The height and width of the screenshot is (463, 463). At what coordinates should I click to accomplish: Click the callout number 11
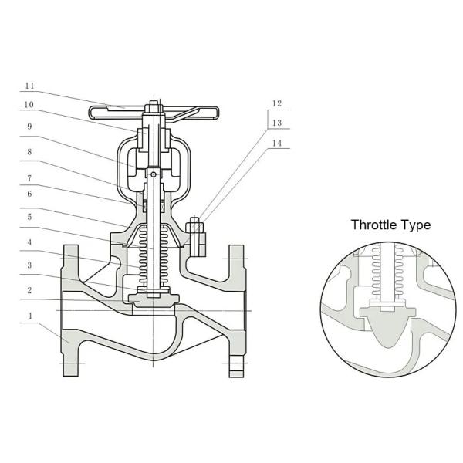pyautogui.click(x=29, y=86)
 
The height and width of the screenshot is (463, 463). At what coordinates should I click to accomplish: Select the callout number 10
pyautogui.click(x=29, y=105)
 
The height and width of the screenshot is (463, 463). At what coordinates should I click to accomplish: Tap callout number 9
pyautogui.click(x=29, y=127)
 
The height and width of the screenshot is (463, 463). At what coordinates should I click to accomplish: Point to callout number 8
pyautogui.click(x=29, y=152)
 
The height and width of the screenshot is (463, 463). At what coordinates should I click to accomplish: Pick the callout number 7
pyautogui.click(x=29, y=178)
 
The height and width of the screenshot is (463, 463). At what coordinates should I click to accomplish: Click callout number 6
pyautogui.click(x=29, y=194)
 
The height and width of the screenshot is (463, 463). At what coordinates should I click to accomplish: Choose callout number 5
pyautogui.click(x=29, y=217)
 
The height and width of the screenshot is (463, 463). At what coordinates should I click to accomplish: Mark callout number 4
pyautogui.click(x=29, y=242)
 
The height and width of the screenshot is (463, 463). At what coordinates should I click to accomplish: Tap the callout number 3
pyautogui.click(x=29, y=265)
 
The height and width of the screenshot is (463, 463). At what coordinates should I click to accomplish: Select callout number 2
pyautogui.click(x=29, y=290)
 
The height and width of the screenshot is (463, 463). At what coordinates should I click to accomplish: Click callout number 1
pyautogui.click(x=30, y=316)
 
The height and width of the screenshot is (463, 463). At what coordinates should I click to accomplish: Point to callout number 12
pyautogui.click(x=277, y=103)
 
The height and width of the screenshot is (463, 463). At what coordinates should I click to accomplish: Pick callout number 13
pyautogui.click(x=277, y=123)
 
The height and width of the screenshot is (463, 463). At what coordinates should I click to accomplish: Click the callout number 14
pyautogui.click(x=277, y=144)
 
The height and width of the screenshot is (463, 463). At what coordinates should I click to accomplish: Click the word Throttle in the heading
pyautogui.click(x=373, y=225)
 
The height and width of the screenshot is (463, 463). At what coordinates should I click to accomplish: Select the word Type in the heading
pyautogui.click(x=415, y=226)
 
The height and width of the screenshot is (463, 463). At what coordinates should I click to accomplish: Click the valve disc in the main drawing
pyautogui.click(x=154, y=299)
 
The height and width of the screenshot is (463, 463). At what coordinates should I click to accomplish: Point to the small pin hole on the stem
pyautogui.click(x=154, y=175)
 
